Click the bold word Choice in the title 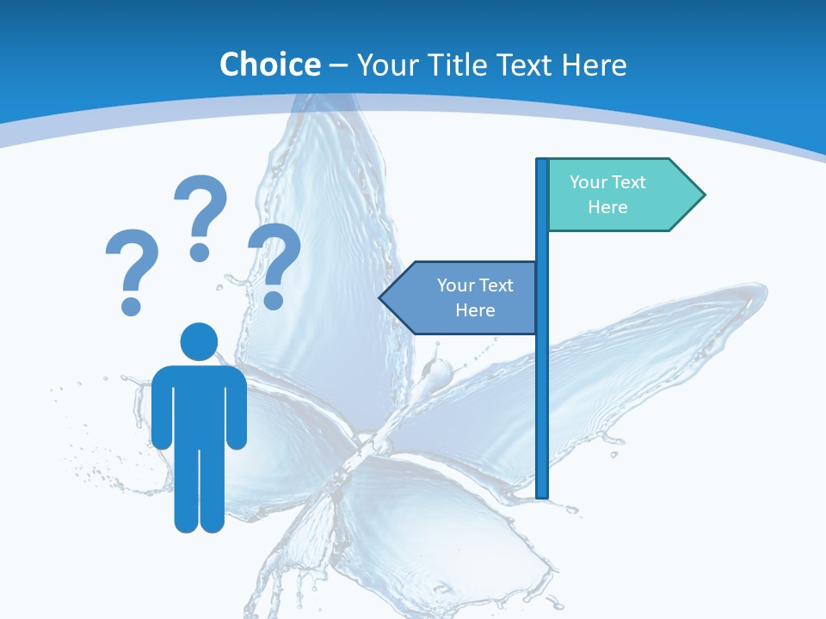click(x=269, y=64)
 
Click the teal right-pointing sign click(x=619, y=194)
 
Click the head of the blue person click(x=199, y=340)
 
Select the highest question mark click(x=200, y=215)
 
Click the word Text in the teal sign click(x=628, y=182)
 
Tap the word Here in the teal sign click(x=607, y=207)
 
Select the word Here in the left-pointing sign click(x=475, y=310)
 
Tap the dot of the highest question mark click(x=200, y=251)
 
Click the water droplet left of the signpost click(x=439, y=372)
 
